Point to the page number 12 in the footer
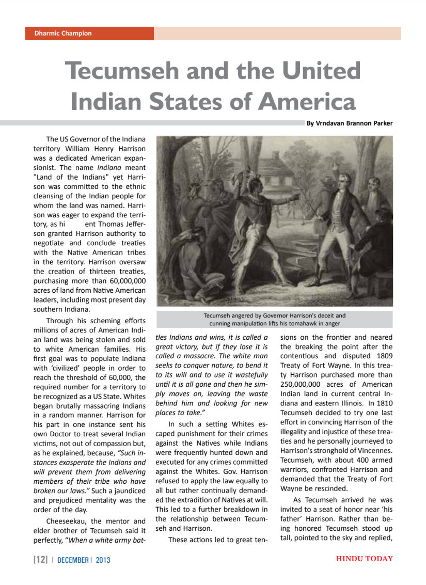pos(41,560)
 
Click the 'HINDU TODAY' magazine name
pos(364,559)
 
